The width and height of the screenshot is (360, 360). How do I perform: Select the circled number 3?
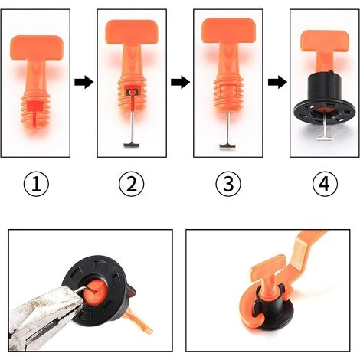click(227, 184)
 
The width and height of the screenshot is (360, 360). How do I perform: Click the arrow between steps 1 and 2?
click(85, 82)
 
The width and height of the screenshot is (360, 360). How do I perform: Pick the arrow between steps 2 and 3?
click(179, 82)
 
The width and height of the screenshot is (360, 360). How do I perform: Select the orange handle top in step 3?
click(227, 31)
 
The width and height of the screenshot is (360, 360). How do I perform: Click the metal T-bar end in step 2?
click(131, 144)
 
